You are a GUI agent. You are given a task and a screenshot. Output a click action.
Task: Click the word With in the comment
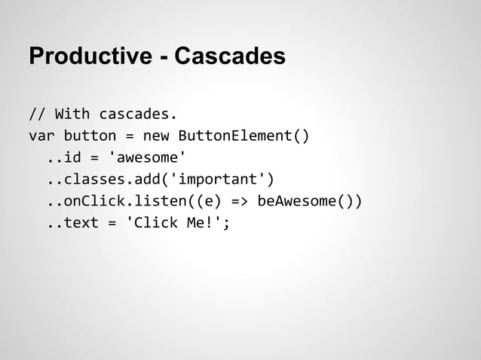pyautogui.click(x=72, y=114)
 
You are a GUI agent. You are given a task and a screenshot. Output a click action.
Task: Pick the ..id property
pyautogui.click(x=64, y=157)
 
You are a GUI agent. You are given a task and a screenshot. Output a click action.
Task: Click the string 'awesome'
pyautogui.click(x=147, y=157)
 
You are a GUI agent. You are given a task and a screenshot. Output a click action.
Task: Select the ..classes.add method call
pyautogui.click(x=99, y=179)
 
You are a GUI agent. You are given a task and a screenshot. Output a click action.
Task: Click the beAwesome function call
pyautogui.click(x=302, y=201)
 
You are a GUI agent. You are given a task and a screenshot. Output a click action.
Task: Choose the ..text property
pyautogui.click(x=72, y=223)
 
